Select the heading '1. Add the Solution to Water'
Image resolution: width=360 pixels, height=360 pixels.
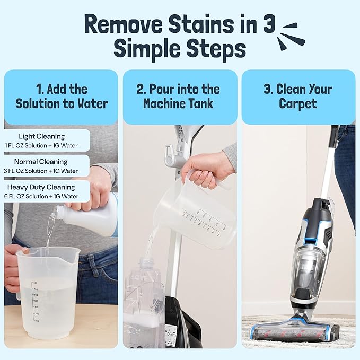click(x=61, y=96)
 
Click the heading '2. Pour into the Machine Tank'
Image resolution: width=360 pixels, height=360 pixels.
click(x=180, y=96)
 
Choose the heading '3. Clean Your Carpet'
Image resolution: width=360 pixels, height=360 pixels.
click(x=298, y=96)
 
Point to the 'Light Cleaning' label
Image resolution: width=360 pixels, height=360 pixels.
click(x=42, y=136)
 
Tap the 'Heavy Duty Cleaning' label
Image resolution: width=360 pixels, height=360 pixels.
click(x=48, y=187)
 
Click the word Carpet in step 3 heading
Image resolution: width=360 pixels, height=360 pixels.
click(x=298, y=103)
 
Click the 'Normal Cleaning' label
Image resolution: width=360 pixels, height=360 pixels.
click(x=43, y=162)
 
